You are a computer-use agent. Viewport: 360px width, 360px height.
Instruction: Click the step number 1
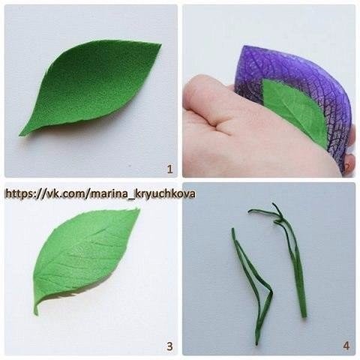point(169,169)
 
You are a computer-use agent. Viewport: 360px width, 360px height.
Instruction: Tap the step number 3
point(169,346)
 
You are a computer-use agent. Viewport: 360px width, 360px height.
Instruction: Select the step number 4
point(346,346)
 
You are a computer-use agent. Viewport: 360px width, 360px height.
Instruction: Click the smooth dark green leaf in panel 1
point(90,90)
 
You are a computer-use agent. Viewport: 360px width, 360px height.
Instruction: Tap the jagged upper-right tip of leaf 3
point(138,209)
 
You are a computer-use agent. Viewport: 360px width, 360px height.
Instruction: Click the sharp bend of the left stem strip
point(271,291)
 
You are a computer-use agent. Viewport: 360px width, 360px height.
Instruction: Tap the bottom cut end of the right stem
point(304,316)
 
